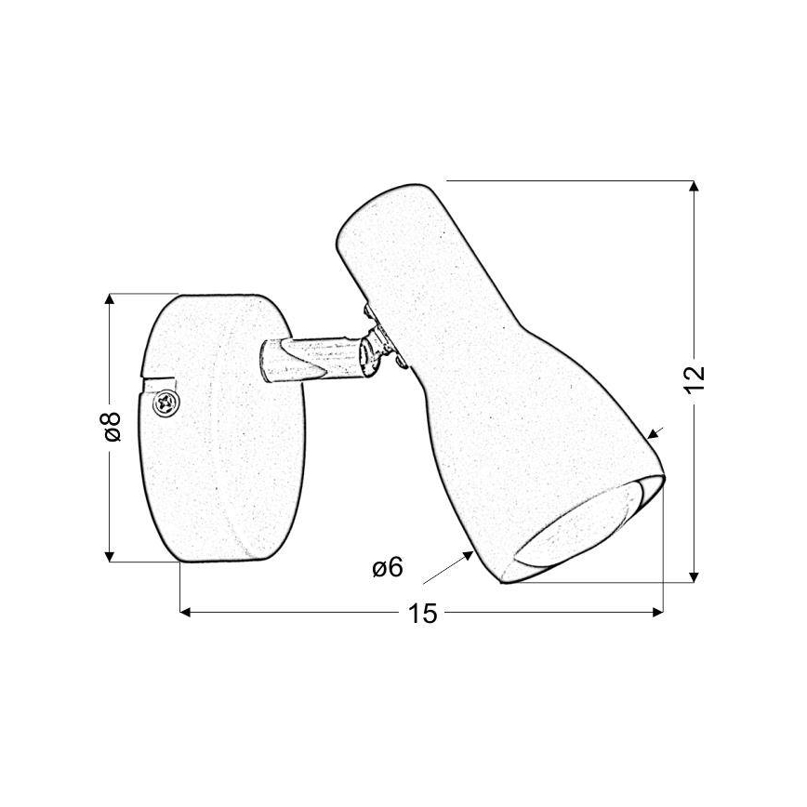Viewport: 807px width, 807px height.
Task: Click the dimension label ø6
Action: (x=387, y=567)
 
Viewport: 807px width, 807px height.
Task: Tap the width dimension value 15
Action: (x=421, y=614)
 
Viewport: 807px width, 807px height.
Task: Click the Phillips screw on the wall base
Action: (x=165, y=402)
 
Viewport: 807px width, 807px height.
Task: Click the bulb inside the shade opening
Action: (x=581, y=530)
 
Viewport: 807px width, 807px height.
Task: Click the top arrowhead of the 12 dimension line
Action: (x=695, y=186)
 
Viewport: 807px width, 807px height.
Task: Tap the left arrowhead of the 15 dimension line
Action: (x=184, y=612)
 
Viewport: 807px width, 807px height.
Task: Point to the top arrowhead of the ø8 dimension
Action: (x=111, y=300)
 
